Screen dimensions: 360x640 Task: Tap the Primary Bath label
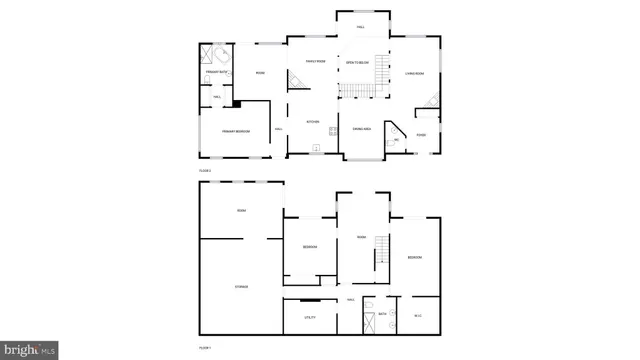click(216, 73)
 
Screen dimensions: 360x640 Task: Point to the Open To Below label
click(357, 63)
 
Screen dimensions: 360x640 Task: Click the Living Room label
click(415, 73)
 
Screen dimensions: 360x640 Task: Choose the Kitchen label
click(312, 122)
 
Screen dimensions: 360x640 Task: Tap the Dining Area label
click(361, 129)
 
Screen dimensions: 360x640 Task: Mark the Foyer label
click(421, 135)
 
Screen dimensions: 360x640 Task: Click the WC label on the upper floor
click(397, 141)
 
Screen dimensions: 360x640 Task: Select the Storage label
click(241, 286)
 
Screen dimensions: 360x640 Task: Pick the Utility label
click(310, 317)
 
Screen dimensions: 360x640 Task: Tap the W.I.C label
click(419, 316)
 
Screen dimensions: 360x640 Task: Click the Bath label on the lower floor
click(382, 313)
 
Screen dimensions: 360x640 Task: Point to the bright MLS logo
click(29, 350)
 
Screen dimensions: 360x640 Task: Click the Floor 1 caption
click(204, 347)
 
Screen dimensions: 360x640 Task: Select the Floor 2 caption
click(204, 171)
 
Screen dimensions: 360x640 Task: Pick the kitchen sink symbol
click(317, 148)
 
